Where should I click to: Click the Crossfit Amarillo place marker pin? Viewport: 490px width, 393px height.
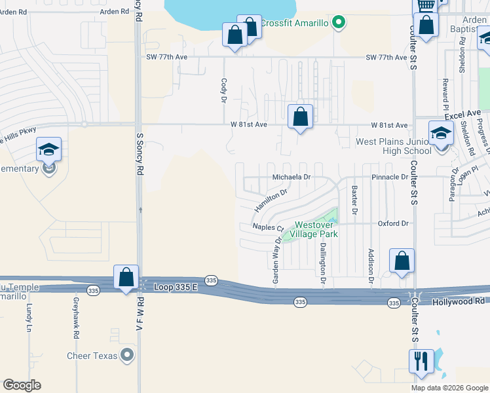pos(339,24)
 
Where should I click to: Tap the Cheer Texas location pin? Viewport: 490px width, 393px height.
pos(128,356)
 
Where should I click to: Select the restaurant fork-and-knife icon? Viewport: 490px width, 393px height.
pos(419,361)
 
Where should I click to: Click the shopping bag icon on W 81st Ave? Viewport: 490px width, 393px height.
pos(300,117)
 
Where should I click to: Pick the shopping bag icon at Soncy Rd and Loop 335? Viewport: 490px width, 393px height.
pos(125,277)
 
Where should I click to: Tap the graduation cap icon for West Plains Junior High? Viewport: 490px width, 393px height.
pos(441,134)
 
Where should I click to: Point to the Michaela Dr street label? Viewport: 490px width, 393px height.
pos(291,178)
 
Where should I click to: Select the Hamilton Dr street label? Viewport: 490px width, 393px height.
pos(271,201)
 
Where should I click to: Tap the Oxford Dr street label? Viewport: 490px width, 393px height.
pos(392,223)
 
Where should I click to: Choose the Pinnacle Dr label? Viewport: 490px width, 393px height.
pos(390,178)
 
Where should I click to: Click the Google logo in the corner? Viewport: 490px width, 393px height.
pos(22,385)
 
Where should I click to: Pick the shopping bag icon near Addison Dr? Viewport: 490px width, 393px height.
pos(402,261)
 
